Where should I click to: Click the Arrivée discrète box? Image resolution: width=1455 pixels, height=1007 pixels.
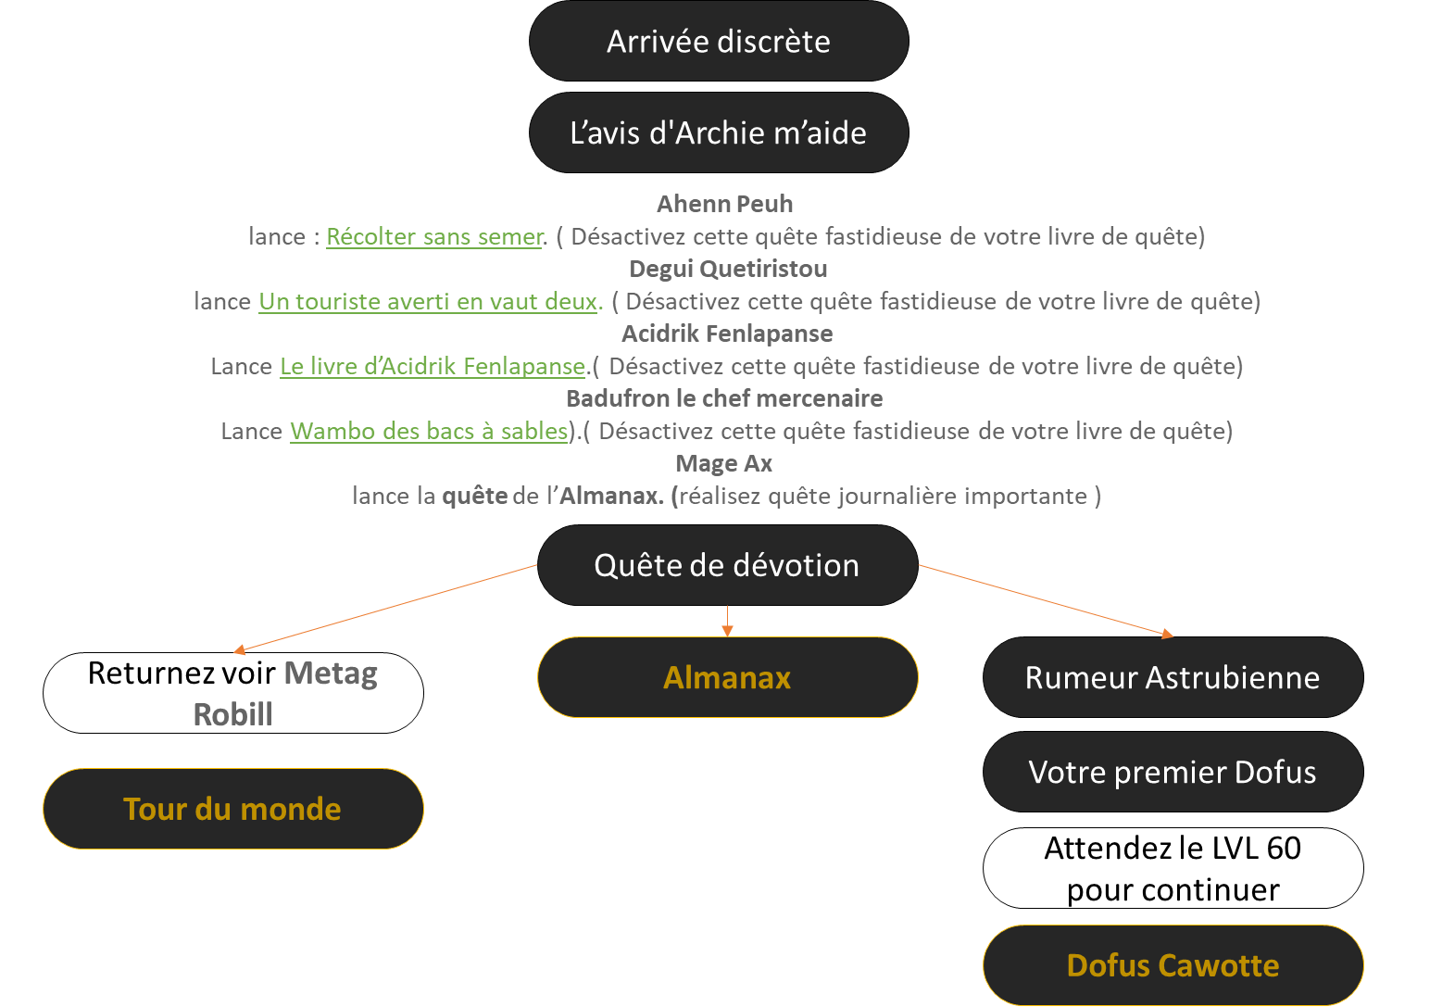click(x=719, y=41)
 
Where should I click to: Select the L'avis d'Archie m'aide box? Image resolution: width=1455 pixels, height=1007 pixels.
click(x=719, y=132)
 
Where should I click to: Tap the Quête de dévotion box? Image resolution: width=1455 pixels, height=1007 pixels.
click(x=727, y=565)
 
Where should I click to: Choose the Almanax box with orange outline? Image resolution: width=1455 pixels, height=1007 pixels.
click(x=727, y=677)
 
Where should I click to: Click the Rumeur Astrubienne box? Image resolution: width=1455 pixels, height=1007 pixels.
click(x=1173, y=677)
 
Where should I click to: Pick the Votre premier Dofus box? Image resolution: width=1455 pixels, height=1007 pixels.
click(x=1173, y=772)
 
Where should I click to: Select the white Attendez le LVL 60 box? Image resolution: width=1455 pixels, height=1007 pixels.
click(x=1173, y=868)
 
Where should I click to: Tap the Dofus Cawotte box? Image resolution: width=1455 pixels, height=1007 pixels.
click(x=1173, y=965)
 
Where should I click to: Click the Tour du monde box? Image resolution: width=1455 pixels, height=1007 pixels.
click(x=232, y=809)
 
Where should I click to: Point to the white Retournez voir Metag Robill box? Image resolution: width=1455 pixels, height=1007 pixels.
click(x=232, y=693)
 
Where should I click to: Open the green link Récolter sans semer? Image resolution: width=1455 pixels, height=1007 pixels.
click(x=434, y=237)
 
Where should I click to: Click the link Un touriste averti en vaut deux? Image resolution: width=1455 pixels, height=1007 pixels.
click(x=429, y=302)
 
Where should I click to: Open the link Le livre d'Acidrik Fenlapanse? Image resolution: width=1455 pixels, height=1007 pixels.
click(x=433, y=367)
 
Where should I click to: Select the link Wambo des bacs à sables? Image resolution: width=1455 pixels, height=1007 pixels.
click(x=429, y=432)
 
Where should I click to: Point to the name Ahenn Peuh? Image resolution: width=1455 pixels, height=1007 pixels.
click(x=724, y=204)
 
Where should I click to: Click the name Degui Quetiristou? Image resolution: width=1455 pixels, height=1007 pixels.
click(x=728, y=269)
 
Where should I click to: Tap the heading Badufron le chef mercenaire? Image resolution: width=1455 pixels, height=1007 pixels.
click(x=724, y=398)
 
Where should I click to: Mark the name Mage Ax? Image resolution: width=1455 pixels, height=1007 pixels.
click(x=723, y=463)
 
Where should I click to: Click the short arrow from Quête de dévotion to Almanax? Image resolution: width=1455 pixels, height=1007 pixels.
click(x=727, y=621)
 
